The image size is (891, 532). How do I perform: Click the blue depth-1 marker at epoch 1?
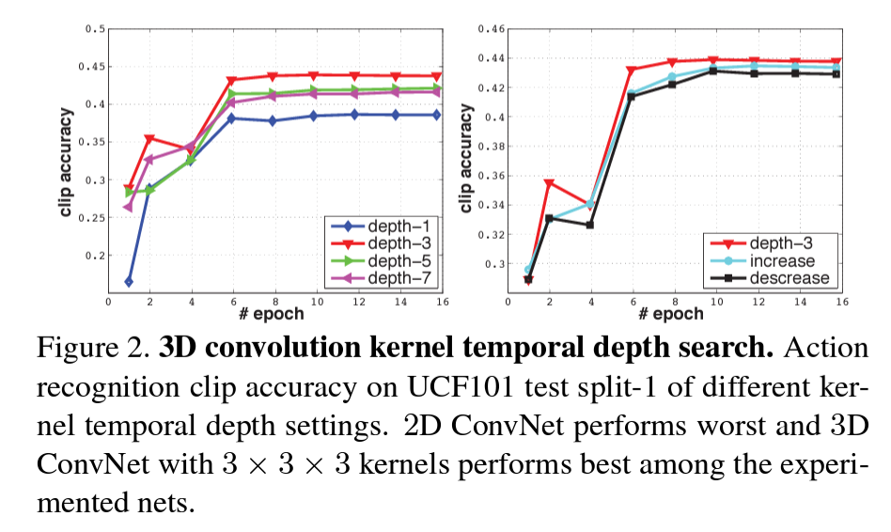(x=128, y=281)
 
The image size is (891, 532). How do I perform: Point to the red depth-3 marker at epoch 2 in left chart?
(x=148, y=139)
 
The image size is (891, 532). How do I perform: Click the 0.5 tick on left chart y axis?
(x=95, y=29)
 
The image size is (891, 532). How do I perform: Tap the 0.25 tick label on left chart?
(x=92, y=217)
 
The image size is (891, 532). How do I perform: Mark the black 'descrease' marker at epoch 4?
(x=589, y=225)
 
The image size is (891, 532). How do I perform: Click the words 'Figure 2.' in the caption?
(x=92, y=349)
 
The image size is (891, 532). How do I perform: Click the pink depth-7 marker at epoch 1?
(x=128, y=207)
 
